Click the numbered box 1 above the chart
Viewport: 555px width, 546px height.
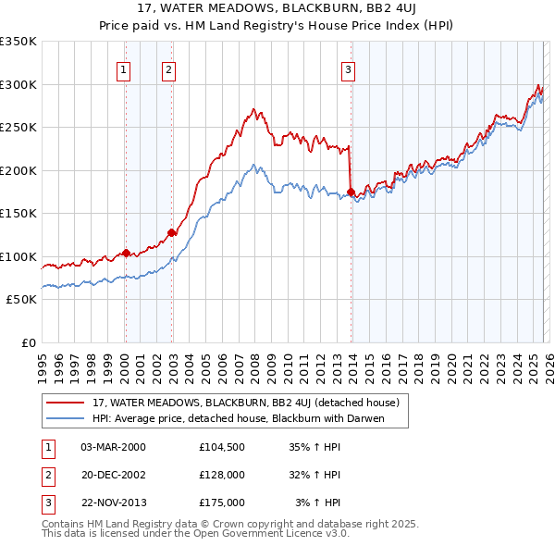pyautogui.click(x=123, y=68)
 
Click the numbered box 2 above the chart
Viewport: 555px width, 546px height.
pyautogui.click(x=168, y=68)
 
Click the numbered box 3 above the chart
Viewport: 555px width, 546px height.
pyautogui.click(x=349, y=68)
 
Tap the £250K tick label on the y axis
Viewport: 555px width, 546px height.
pyautogui.click(x=18, y=128)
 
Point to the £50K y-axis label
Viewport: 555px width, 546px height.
pyautogui.click(x=21, y=300)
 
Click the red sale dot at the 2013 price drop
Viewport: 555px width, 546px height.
pyautogui.click(x=351, y=192)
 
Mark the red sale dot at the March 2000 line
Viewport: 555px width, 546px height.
pyautogui.click(x=126, y=253)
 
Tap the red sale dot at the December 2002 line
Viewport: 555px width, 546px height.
pyautogui.click(x=172, y=233)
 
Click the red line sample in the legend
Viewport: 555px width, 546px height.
pyautogui.click(x=66, y=403)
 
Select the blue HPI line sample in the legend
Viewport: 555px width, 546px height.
pyautogui.click(x=66, y=418)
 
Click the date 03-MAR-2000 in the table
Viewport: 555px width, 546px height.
pyautogui.click(x=113, y=446)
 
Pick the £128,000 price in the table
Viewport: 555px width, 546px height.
pyautogui.click(x=221, y=475)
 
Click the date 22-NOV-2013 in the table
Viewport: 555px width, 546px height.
pyautogui.click(x=113, y=503)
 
